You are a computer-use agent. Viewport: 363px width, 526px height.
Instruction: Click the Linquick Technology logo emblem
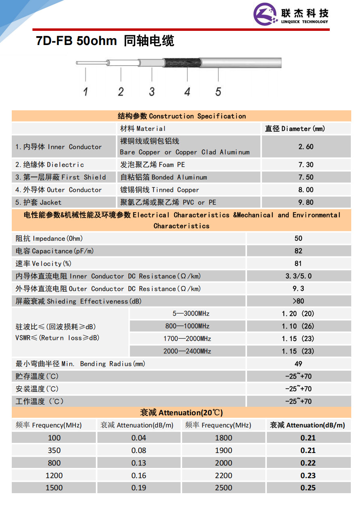coord(265,14)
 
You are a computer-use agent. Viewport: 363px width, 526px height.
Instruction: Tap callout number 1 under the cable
coord(86,92)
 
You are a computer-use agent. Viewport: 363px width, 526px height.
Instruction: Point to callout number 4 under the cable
coord(187,92)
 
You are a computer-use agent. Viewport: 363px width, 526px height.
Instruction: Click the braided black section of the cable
coord(182,62)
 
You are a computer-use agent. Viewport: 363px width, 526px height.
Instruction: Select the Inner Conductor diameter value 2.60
coord(306,146)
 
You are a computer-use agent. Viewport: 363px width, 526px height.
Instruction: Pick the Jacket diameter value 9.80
coord(306,202)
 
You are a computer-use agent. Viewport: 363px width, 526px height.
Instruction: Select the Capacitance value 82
coord(299,251)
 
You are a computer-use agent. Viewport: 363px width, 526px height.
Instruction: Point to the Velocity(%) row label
coord(43,264)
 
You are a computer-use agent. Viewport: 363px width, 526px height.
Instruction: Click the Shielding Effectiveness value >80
coord(299,301)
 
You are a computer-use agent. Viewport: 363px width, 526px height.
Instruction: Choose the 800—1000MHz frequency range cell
coord(187,326)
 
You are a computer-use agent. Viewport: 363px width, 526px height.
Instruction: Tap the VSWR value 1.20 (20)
coord(298,313)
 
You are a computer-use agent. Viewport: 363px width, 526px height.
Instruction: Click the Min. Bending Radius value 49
coord(299,364)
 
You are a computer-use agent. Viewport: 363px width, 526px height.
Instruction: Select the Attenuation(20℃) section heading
coord(181,413)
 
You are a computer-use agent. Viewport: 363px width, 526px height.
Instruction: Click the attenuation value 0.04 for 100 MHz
coord(139,438)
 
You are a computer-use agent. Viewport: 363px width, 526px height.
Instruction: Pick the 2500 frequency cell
coord(223,488)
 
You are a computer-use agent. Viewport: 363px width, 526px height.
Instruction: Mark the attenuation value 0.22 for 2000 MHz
coord(308,463)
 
